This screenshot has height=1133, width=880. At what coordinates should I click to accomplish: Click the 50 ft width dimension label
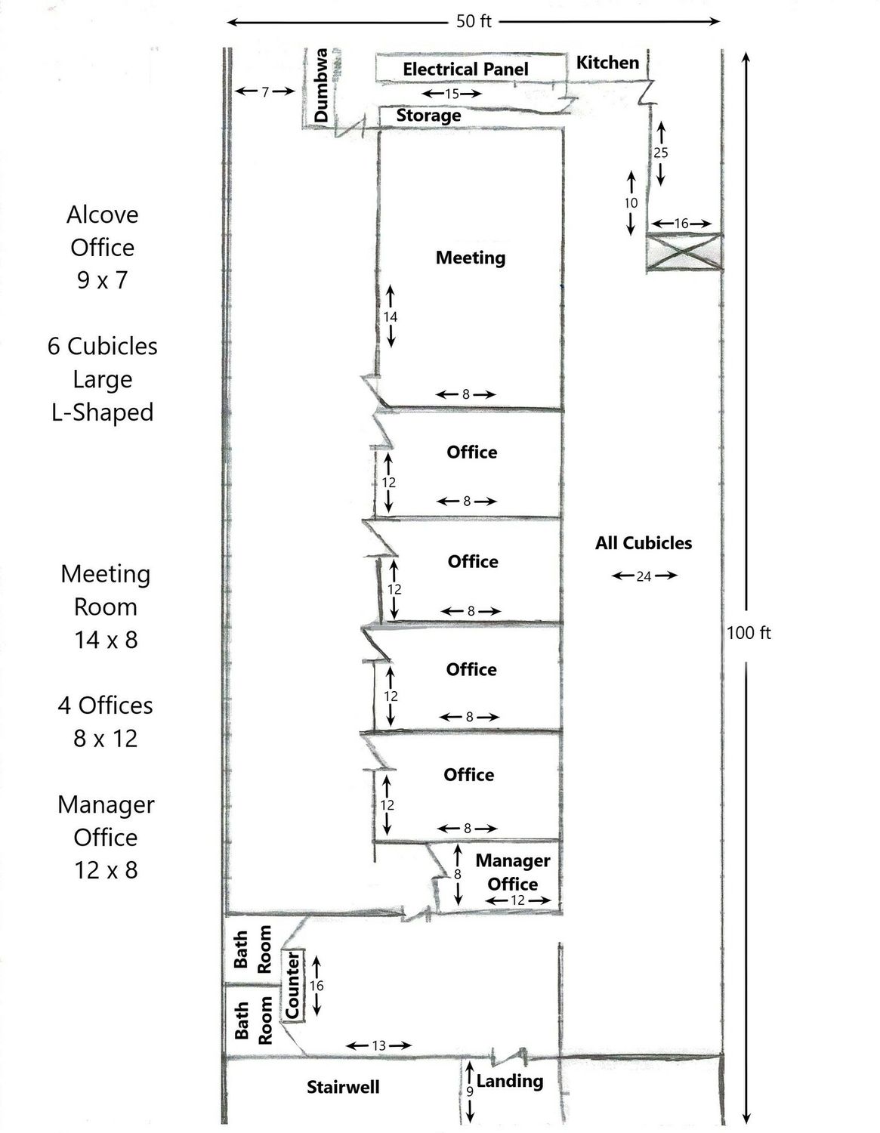(x=474, y=21)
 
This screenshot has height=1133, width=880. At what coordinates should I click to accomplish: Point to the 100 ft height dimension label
(x=749, y=633)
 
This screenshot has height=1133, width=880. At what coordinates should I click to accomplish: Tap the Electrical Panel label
(x=465, y=69)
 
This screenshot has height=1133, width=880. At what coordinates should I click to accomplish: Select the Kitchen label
(x=607, y=63)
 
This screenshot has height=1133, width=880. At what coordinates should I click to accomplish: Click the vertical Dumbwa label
(x=321, y=85)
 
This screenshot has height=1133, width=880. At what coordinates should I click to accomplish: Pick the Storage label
(x=428, y=116)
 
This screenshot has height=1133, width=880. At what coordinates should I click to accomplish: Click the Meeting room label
(x=471, y=258)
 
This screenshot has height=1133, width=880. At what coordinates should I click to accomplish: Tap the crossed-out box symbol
(x=684, y=252)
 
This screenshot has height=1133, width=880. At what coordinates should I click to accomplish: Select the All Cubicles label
(x=644, y=543)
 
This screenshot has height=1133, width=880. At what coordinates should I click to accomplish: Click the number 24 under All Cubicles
(x=644, y=576)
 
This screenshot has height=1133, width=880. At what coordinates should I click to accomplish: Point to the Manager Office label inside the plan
(x=512, y=872)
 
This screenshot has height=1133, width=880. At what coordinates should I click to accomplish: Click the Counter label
(x=292, y=985)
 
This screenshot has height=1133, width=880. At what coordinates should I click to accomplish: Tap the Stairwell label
(x=343, y=1087)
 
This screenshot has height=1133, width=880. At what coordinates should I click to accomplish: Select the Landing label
(x=510, y=1082)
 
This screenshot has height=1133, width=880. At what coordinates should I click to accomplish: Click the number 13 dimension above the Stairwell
(x=378, y=1045)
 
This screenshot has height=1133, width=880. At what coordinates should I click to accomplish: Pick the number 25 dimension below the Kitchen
(x=660, y=153)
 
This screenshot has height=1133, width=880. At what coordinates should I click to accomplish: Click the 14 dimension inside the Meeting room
(x=390, y=316)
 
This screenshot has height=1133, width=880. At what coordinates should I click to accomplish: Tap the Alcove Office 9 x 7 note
(x=103, y=247)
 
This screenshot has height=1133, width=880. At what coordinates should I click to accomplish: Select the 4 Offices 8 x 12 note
(x=105, y=721)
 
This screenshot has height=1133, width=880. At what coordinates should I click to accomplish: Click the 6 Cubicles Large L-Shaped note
(x=103, y=379)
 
